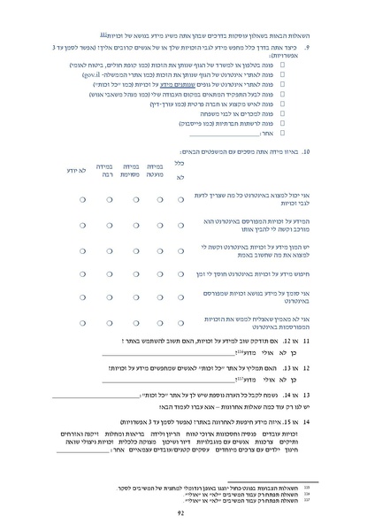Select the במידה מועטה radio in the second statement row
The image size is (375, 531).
tap(155, 225)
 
